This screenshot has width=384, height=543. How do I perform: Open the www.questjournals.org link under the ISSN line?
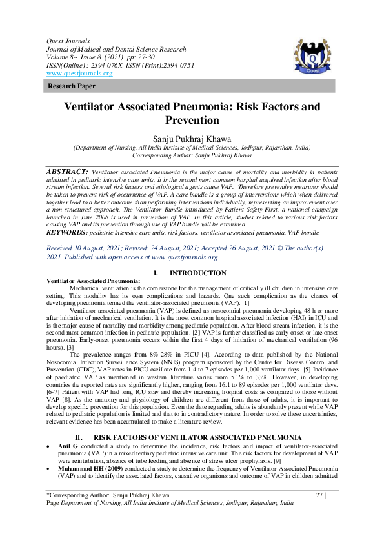[79, 74]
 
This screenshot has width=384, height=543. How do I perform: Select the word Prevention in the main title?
[192, 120]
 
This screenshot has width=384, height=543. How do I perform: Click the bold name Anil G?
[67, 446]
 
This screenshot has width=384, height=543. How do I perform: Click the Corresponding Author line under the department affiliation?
[192, 155]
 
